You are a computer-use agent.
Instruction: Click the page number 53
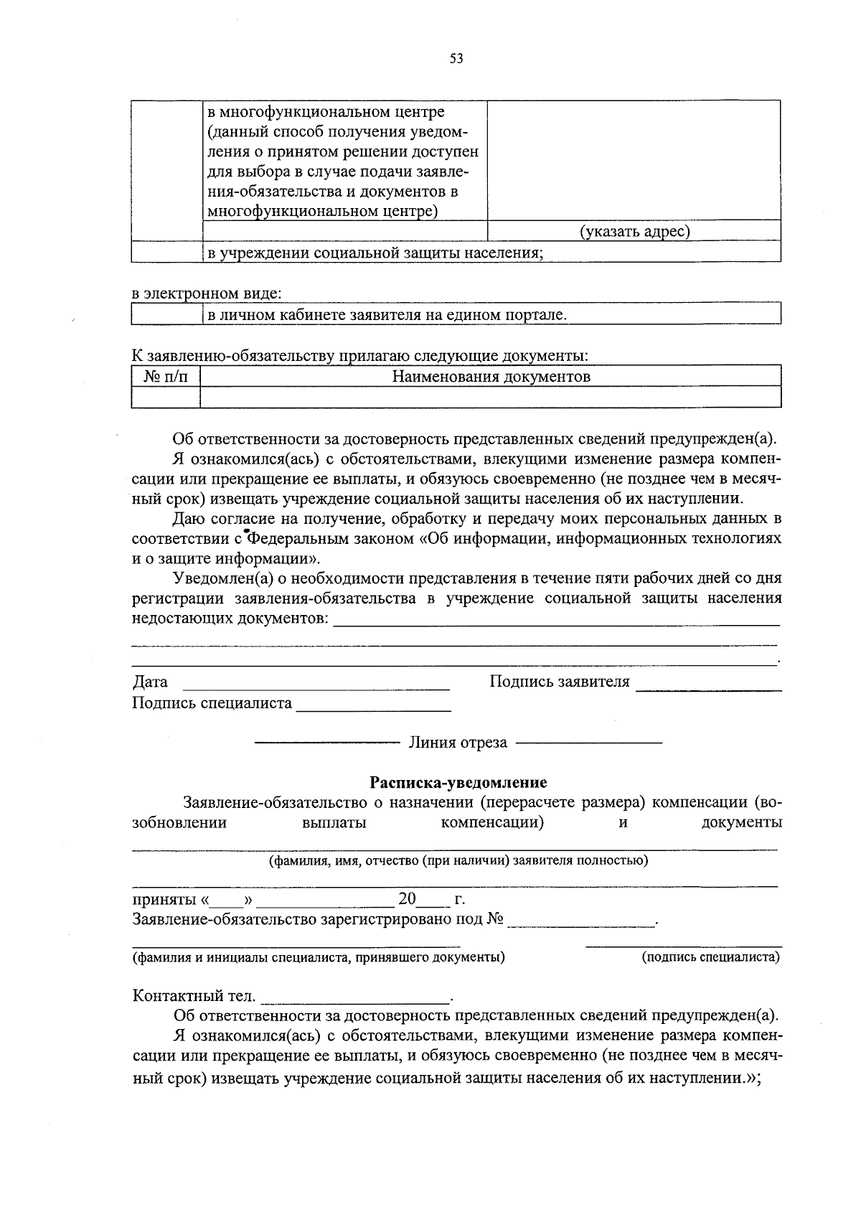tap(456, 59)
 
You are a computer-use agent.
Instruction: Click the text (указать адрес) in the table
tap(634, 231)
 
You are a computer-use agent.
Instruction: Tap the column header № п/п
tap(166, 376)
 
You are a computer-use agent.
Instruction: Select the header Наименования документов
tap(491, 376)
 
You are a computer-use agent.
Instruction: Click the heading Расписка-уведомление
tap(458, 782)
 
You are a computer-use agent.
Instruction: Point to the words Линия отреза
tap(458, 743)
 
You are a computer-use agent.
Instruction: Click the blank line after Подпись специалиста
tap(373, 708)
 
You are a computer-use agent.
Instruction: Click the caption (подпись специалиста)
tap(710, 957)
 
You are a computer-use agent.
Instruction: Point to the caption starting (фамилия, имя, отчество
tap(458, 860)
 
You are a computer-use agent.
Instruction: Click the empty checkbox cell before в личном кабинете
tap(166, 314)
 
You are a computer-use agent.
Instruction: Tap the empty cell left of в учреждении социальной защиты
tap(166, 252)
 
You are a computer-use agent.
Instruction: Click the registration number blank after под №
tap(581, 924)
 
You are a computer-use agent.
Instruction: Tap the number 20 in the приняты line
tap(407, 899)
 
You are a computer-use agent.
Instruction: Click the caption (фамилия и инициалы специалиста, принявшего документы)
tap(319, 957)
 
